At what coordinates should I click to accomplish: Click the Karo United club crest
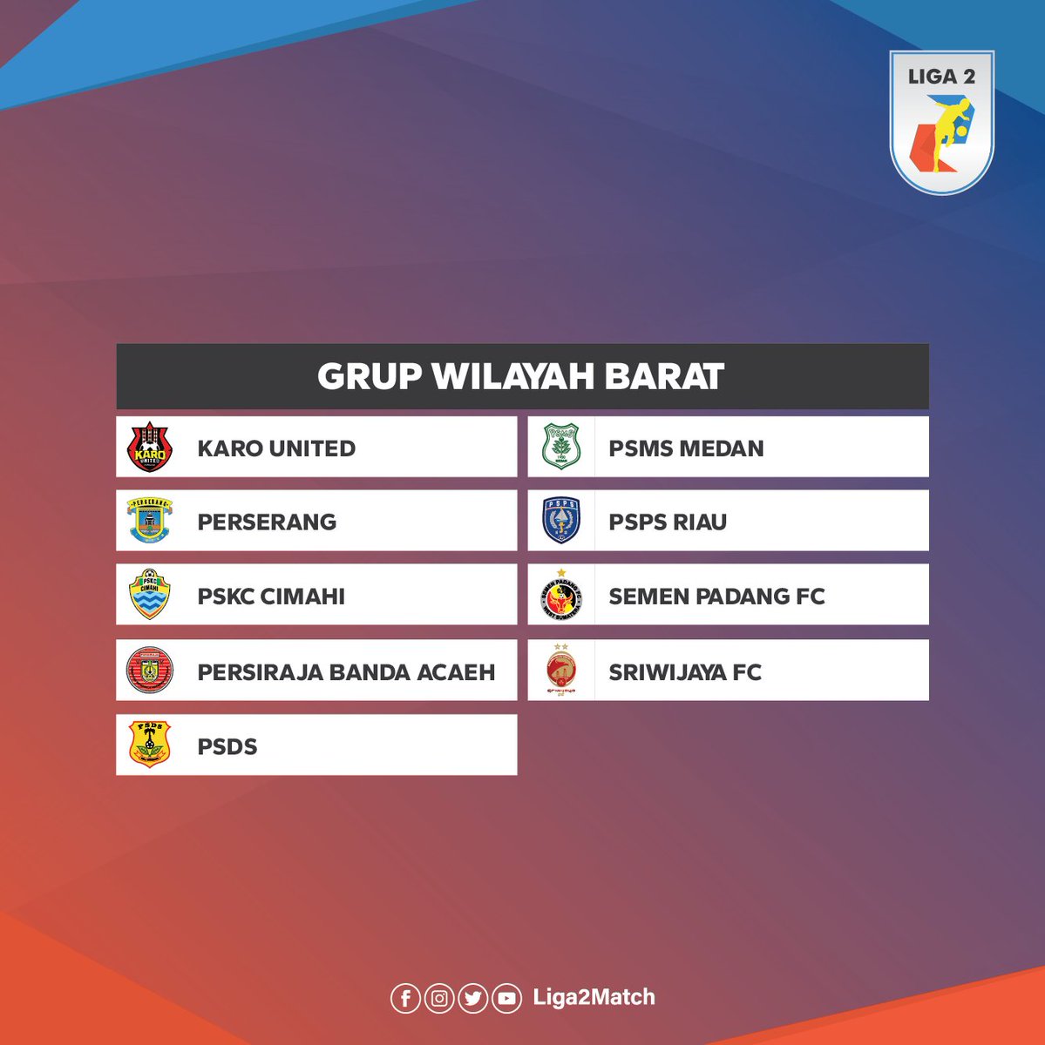(x=149, y=447)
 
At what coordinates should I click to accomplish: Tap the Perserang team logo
(x=149, y=521)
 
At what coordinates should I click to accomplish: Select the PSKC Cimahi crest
(x=149, y=595)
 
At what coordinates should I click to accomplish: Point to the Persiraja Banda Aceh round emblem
(x=149, y=671)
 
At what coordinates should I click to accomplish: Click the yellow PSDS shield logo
(x=149, y=745)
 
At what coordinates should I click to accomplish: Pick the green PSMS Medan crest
(x=560, y=447)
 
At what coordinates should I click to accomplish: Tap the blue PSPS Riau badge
(x=560, y=521)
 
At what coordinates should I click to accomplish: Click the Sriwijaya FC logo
(x=560, y=671)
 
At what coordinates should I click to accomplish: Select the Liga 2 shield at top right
(x=941, y=122)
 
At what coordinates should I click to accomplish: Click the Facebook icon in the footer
(x=405, y=998)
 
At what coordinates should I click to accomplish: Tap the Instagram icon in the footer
(x=439, y=998)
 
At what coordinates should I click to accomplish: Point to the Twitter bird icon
(x=472, y=998)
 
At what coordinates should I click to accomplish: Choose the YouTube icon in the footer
(x=506, y=998)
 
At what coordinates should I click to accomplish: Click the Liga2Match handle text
(x=594, y=998)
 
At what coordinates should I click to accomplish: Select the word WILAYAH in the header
(x=513, y=377)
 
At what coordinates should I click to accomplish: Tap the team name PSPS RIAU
(x=668, y=522)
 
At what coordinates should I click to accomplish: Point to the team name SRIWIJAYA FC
(x=685, y=672)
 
